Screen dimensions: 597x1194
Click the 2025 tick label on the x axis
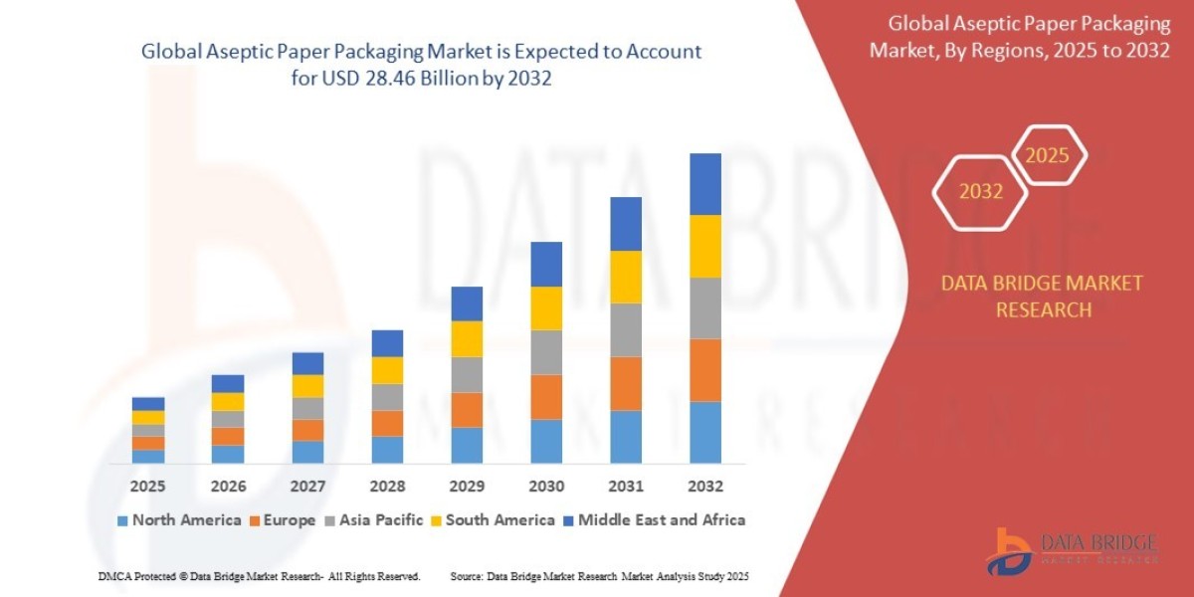(x=147, y=487)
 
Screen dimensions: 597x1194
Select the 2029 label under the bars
(x=467, y=487)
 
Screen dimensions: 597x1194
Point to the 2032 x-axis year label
(x=704, y=487)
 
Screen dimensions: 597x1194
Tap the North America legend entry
(x=179, y=519)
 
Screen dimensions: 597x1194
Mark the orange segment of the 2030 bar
(x=546, y=397)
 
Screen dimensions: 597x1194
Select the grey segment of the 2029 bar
(x=467, y=374)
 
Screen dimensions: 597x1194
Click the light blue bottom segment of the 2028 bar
(x=387, y=450)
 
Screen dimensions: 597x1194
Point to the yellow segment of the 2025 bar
(x=147, y=417)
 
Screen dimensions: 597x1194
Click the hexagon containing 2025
(x=1047, y=155)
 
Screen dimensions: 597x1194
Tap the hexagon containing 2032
(x=980, y=192)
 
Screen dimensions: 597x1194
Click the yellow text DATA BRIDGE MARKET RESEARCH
(x=1042, y=297)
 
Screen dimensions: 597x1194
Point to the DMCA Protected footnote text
(x=260, y=576)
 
